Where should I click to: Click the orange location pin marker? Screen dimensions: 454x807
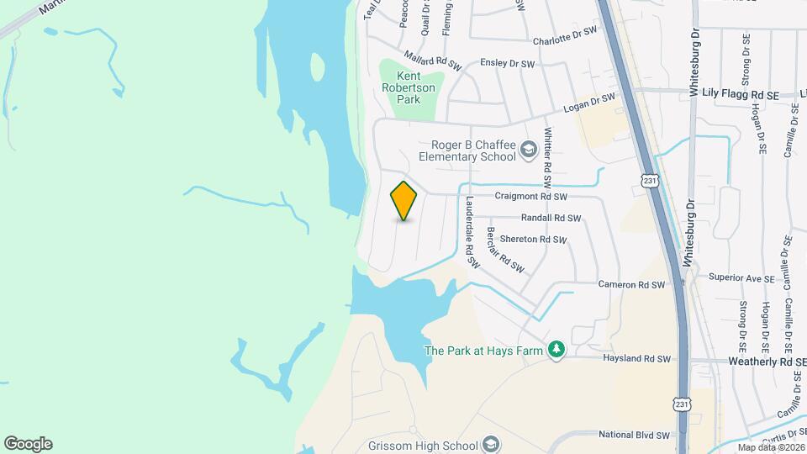click(404, 201)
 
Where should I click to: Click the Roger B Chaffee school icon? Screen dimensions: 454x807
click(529, 150)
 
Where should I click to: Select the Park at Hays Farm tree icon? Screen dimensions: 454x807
click(556, 350)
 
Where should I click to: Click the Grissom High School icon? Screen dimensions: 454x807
click(491, 445)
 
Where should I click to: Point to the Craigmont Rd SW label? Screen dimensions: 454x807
click(532, 196)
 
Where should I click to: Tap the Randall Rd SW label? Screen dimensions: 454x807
click(551, 218)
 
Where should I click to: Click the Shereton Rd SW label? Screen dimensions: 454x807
click(533, 240)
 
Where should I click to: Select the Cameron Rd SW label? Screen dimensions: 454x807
click(631, 285)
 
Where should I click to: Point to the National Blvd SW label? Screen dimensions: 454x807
click(634, 436)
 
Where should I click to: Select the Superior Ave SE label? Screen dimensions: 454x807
click(741, 277)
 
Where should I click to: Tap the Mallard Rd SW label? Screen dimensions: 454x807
click(433, 61)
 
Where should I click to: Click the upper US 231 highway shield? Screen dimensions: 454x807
click(648, 181)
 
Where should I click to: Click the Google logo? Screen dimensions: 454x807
click(28, 443)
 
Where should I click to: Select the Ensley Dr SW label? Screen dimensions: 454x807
click(507, 64)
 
